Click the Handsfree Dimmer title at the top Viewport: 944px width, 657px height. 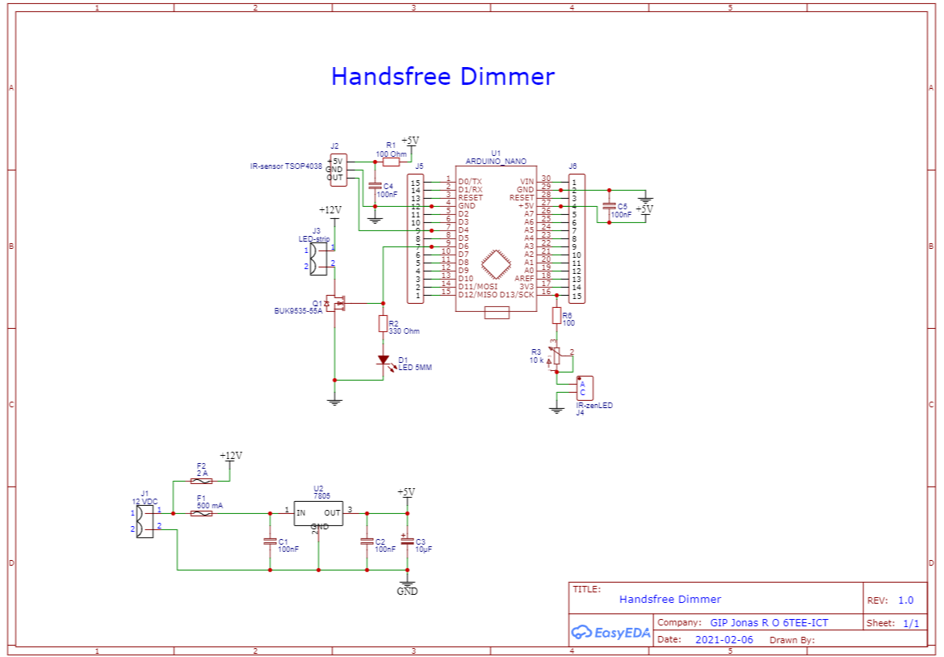(443, 77)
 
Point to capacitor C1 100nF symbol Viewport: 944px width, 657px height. (270, 541)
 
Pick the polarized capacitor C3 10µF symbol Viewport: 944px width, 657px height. (408, 541)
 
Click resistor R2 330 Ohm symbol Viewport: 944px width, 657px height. (383, 324)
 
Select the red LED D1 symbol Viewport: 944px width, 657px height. (384, 360)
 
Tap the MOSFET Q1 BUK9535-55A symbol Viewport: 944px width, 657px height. (338, 304)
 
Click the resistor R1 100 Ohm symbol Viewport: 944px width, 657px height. (391, 162)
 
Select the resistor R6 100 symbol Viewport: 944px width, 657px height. (556, 314)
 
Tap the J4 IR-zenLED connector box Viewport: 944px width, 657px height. (584, 388)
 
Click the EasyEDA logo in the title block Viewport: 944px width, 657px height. (610, 632)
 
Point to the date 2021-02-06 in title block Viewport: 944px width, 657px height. (723, 639)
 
